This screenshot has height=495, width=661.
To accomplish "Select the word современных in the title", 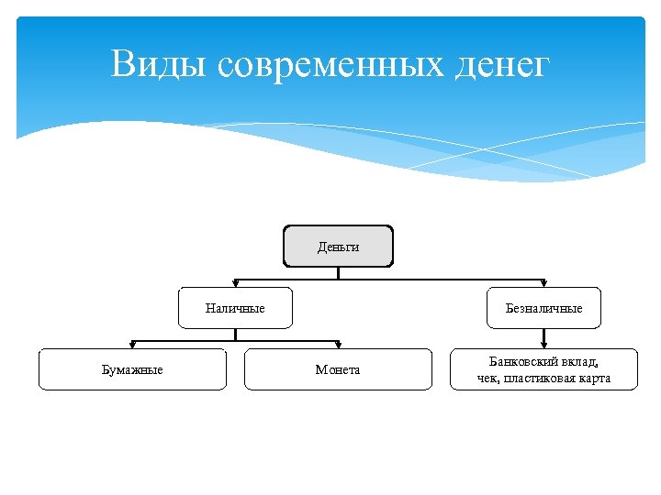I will click(332, 65).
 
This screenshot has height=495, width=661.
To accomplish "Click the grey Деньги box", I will click(338, 247).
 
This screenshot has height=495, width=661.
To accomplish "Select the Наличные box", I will click(235, 308).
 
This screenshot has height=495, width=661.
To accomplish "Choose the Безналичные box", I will click(543, 308).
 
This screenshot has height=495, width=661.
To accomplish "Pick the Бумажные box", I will click(132, 369).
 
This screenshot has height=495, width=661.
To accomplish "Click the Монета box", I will click(338, 369).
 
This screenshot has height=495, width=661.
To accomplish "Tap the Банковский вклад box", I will click(543, 369).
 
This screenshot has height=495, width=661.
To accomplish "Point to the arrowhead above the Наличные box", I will click(235, 284).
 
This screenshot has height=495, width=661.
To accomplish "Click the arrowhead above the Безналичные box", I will click(543, 284).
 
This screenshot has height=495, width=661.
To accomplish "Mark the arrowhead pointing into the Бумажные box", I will click(132, 346).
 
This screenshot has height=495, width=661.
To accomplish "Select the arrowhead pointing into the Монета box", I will click(338, 346).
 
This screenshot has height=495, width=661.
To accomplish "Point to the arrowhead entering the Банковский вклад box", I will click(543, 346).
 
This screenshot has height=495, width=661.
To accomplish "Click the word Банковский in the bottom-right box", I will click(520, 361).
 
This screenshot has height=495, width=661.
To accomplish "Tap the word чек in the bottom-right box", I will click(487, 378).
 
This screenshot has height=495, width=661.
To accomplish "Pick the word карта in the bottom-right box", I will click(595, 378).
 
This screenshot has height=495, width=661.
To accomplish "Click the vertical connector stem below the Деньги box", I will click(338, 272).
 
